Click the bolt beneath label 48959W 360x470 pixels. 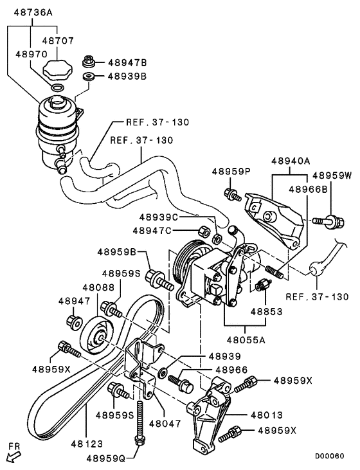pos(331,221)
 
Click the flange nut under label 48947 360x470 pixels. pos(72,320)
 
